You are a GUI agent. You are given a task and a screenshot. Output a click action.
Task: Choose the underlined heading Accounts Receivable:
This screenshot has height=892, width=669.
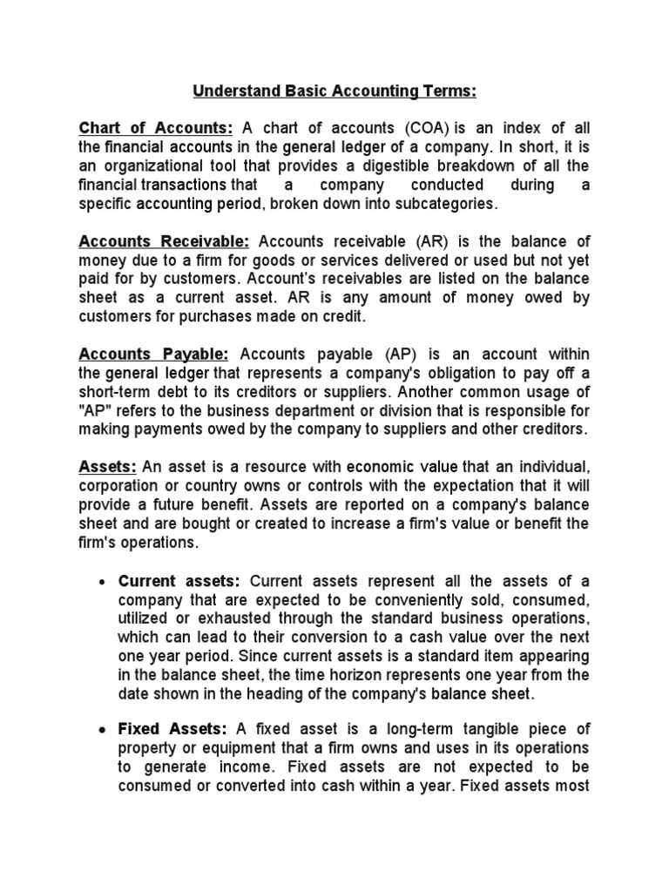click(165, 240)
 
